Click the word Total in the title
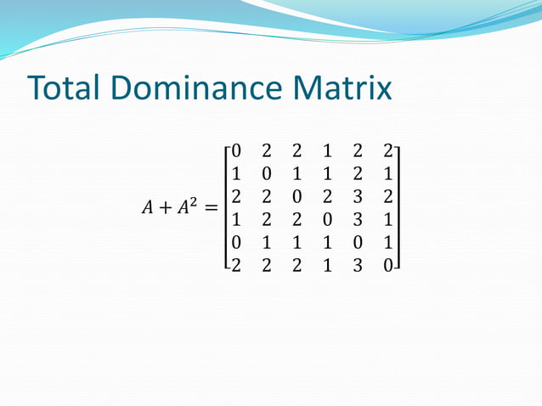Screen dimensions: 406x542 coord(65,88)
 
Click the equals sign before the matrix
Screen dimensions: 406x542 coord(207,208)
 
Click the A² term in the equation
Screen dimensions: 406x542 coord(185,206)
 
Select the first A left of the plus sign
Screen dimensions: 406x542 coord(139,208)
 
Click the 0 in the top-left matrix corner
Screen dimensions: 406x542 coord(236,151)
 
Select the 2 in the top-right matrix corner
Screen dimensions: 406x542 coord(387,151)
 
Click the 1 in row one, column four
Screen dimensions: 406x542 coord(327,151)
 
